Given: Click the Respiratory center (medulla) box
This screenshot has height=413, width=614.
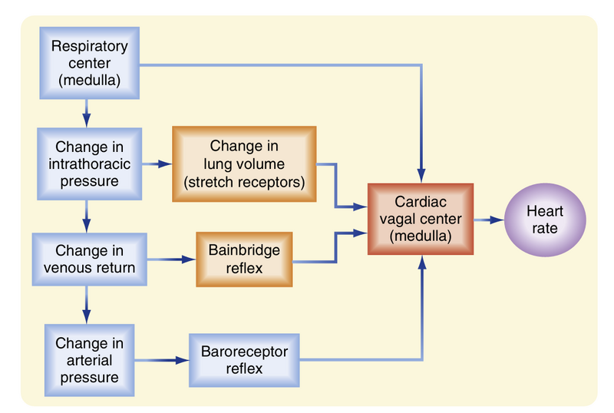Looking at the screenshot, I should click(89, 62).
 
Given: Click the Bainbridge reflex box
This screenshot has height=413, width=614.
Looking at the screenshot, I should click(244, 259).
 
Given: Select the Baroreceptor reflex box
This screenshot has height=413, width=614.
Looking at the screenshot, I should click(243, 358).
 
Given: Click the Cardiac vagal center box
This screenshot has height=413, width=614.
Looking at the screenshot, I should click(421, 218).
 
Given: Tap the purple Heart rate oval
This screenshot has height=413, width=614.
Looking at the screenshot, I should click(544, 219).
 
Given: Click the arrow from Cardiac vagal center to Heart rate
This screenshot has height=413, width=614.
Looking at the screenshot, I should click(488, 219).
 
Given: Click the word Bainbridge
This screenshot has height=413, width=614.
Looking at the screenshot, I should click(244, 250).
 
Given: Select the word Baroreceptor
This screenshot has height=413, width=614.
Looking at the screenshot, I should click(243, 350).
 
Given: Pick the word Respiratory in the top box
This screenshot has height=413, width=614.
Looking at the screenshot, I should click(89, 45).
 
